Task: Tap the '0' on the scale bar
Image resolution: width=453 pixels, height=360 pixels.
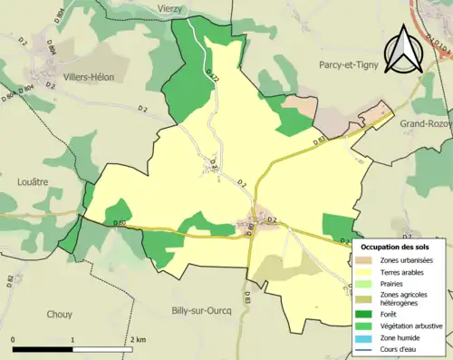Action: (14, 339)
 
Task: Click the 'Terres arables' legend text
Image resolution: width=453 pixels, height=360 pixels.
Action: (407, 274)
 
